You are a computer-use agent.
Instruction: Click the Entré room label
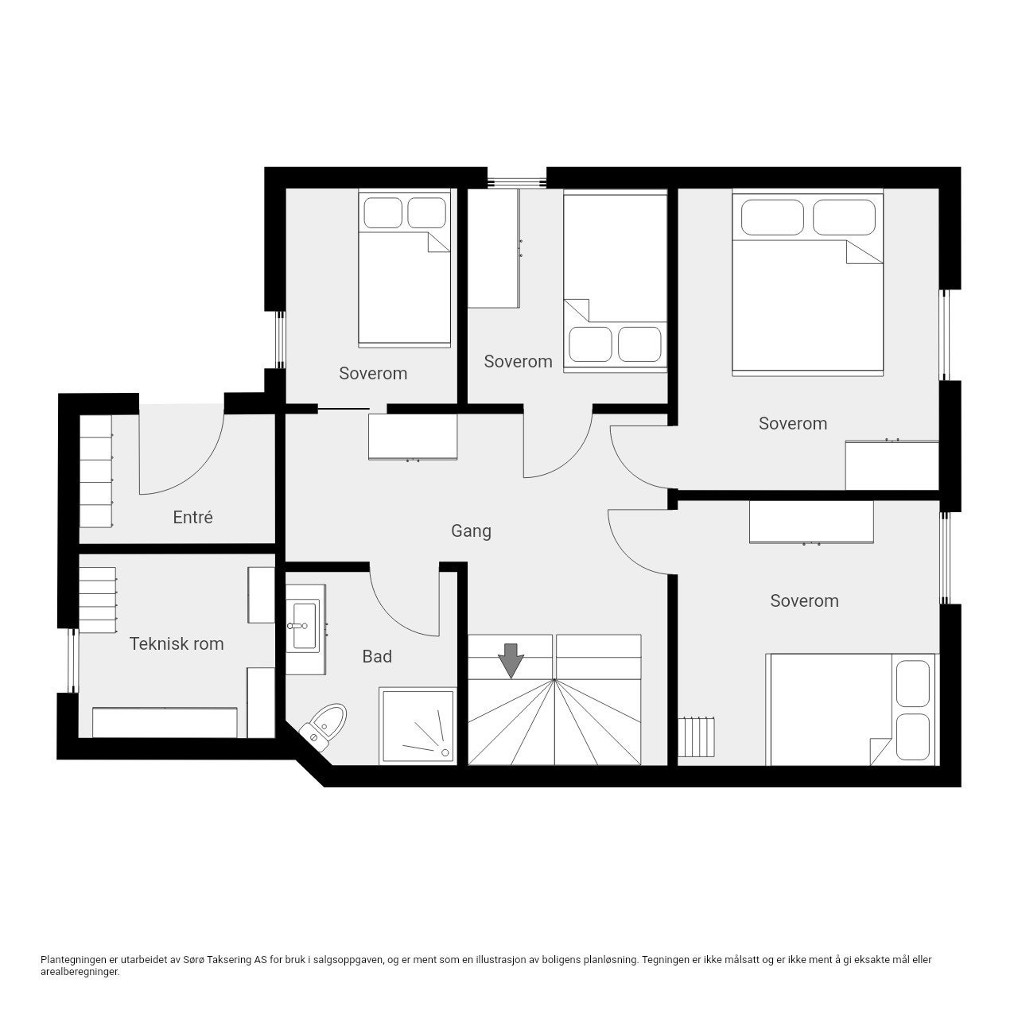click(192, 517)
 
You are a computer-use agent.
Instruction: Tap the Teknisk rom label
click(177, 643)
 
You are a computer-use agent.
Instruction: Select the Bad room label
click(377, 656)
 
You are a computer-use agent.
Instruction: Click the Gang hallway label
click(471, 530)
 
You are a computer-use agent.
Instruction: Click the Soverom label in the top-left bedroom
click(372, 373)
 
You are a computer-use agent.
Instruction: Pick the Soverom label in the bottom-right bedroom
click(804, 600)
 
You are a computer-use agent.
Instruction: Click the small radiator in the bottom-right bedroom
click(697, 738)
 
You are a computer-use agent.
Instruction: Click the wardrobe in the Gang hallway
click(413, 437)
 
